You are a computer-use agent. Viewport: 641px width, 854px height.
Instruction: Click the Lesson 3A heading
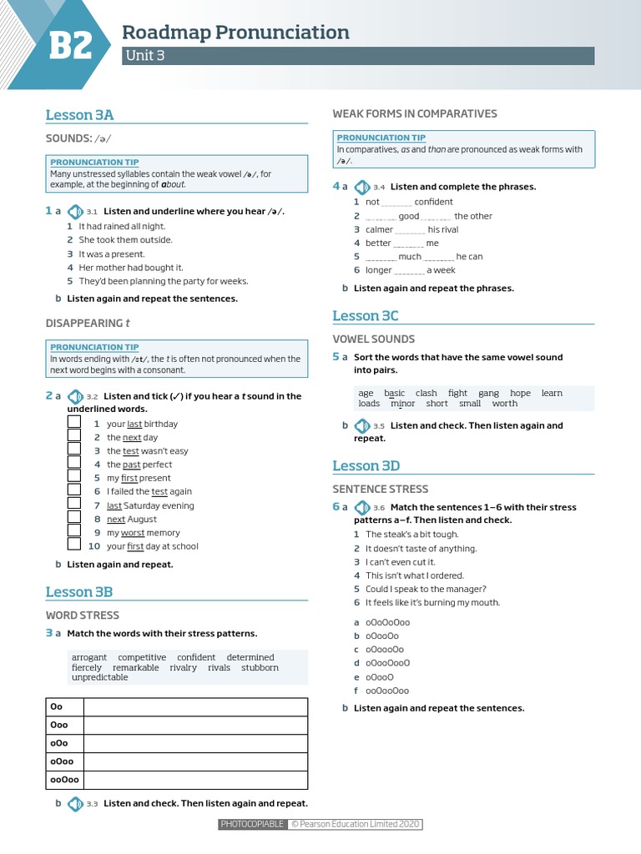click(x=79, y=115)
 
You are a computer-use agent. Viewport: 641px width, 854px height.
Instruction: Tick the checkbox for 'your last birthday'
click(x=74, y=424)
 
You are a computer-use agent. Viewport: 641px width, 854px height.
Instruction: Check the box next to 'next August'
click(x=74, y=519)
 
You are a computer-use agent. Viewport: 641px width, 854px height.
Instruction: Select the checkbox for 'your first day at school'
click(x=74, y=546)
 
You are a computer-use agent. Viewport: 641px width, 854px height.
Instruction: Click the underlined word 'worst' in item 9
click(x=133, y=533)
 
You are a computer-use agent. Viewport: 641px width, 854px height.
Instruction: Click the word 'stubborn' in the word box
click(x=260, y=667)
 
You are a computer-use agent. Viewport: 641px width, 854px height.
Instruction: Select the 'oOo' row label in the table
click(x=58, y=744)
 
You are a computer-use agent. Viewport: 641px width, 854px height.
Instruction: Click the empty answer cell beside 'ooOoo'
click(x=196, y=781)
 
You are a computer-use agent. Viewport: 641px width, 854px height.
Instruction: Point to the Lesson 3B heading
click(x=79, y=592)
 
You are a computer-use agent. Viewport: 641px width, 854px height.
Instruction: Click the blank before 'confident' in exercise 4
click(x=396, y=203)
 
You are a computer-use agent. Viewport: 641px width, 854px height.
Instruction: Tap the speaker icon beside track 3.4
click(x=361, y=187)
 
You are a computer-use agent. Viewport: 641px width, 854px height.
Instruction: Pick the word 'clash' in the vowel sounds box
click(x=426, y=393)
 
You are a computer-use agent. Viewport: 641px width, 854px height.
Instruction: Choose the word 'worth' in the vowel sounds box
click(x=505, y=404)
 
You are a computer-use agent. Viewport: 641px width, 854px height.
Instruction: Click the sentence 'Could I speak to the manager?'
click(x=426, y=589)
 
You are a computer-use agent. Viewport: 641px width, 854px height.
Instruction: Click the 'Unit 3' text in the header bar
click(x=143, y=56)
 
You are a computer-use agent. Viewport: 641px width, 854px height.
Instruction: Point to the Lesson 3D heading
click(x=366, y=465)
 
